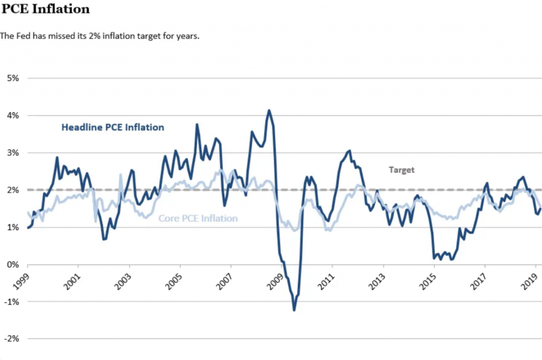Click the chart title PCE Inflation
coord(46,9)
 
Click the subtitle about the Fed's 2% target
coord(100,35)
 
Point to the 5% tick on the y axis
coord(13,78)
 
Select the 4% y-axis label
coord(13,115)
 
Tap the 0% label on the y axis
coord(13,265)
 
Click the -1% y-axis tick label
coord(12,301)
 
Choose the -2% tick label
coord(12,339)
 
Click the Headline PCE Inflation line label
coord(113,128)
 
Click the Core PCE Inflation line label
coord(198,219)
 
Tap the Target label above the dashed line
coord(402,170)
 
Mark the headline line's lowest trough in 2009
coord(294,310)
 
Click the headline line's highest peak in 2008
coord(269,110)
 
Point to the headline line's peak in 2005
coord(197,125)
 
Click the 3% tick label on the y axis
coord(13,152)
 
